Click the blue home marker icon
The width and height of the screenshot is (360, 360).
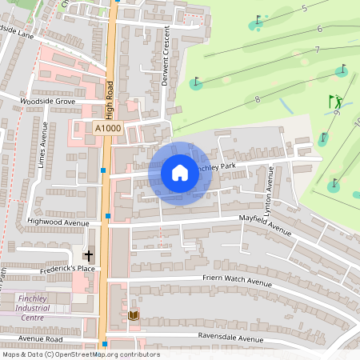pos(180,172)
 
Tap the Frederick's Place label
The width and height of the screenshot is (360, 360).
pos(67,270)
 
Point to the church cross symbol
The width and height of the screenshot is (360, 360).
pos(88,254)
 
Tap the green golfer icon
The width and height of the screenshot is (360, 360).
pos(335,102)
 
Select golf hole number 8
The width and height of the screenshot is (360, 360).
pos(257,99)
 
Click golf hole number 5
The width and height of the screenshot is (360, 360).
pos(304,9)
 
